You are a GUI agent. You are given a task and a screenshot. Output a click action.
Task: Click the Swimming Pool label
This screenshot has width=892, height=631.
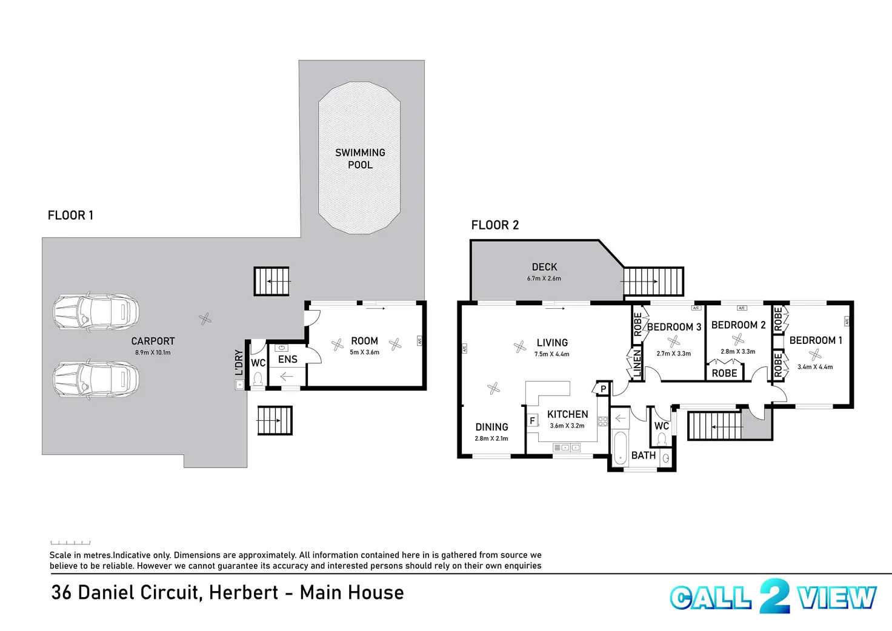pyautogui.click(x=360, y=159)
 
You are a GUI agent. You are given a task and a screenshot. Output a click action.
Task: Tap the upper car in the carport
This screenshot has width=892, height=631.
pyautogui.click(x=96, y=312)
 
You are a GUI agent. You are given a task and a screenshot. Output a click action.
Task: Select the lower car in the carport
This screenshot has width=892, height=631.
pyautogui.click(x=96, y=380)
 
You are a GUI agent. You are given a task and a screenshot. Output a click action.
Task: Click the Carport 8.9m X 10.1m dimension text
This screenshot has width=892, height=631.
pyautogui.click(x=153, y=352)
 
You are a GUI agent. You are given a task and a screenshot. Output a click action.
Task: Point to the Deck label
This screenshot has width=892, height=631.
pyautogui.click(x=544, y=267)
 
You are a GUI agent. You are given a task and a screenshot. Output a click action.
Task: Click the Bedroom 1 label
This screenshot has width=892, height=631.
pyautogui.click(x=816, y=340)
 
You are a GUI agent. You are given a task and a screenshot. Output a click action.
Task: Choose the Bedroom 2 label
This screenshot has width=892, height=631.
pyautogui.click(x=738, y=325)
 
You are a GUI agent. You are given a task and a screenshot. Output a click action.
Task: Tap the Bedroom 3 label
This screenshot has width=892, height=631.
pyautogui.click(x=674, y=327)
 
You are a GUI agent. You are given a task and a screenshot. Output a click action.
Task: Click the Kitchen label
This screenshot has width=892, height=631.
pyautogui.click(x=567, y=414)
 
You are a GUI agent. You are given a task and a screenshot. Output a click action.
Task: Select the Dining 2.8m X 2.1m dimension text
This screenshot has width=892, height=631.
pyautogui.click(x=491, y=438)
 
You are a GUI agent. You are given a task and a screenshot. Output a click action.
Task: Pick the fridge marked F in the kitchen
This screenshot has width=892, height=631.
pyautogui.click(x=533, y=420)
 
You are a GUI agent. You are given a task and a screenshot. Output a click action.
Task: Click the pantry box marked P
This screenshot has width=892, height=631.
pyautogui.click(x=604, y=389)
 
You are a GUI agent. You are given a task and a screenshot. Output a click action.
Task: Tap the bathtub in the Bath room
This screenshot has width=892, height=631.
pyautogui.click(x=619, y=449)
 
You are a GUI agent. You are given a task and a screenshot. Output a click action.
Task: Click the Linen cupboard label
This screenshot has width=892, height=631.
pyautogui.click(x=637, y=363)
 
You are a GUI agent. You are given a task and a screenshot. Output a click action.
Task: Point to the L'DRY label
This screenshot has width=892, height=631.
pyautogui.click(x=239, y=362)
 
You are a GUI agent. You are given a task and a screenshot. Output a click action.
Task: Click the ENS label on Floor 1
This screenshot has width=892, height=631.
pyautogui.click(x=287, y=360)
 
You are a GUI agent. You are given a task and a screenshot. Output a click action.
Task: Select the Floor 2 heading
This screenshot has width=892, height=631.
pyautogui.click(x=495, y=225)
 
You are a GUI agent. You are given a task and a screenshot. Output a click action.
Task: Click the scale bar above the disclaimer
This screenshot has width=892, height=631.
pyautogui.click(x=70, y=543)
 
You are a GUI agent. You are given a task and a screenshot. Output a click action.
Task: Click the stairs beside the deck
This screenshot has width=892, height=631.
pyautogui.click(x=653, y=281)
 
